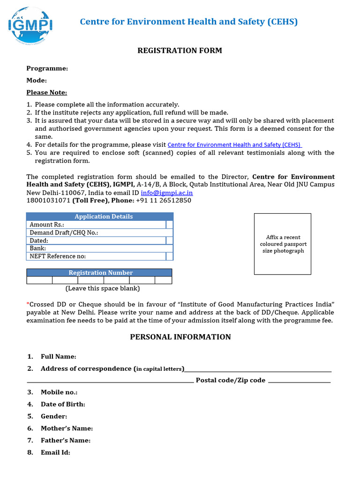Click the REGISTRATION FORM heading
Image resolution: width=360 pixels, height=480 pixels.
(x=180, y=51)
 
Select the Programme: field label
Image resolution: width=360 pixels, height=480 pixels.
(x=47, y=68)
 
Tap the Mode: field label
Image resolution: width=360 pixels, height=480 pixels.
(x=37, y=81)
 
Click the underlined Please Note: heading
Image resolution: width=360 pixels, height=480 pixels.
(x=46, y=92)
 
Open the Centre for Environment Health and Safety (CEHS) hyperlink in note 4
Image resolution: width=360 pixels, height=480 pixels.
(x=234, y=145)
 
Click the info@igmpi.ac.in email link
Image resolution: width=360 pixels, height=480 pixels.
(x=167, y=193)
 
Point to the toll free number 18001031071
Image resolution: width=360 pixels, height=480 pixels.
(x=48, y=201)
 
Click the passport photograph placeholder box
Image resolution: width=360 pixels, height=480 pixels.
(x=282, y=244)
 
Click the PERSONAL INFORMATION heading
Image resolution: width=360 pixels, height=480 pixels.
(x=180, y=337)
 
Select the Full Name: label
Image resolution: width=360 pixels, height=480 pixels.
(x=58, y=357)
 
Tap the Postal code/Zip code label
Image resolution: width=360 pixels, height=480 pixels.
(x=230, y=380)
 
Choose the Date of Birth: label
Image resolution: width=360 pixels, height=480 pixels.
(x=63, y=404)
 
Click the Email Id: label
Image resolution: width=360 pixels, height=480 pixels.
(x=55, y=452)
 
